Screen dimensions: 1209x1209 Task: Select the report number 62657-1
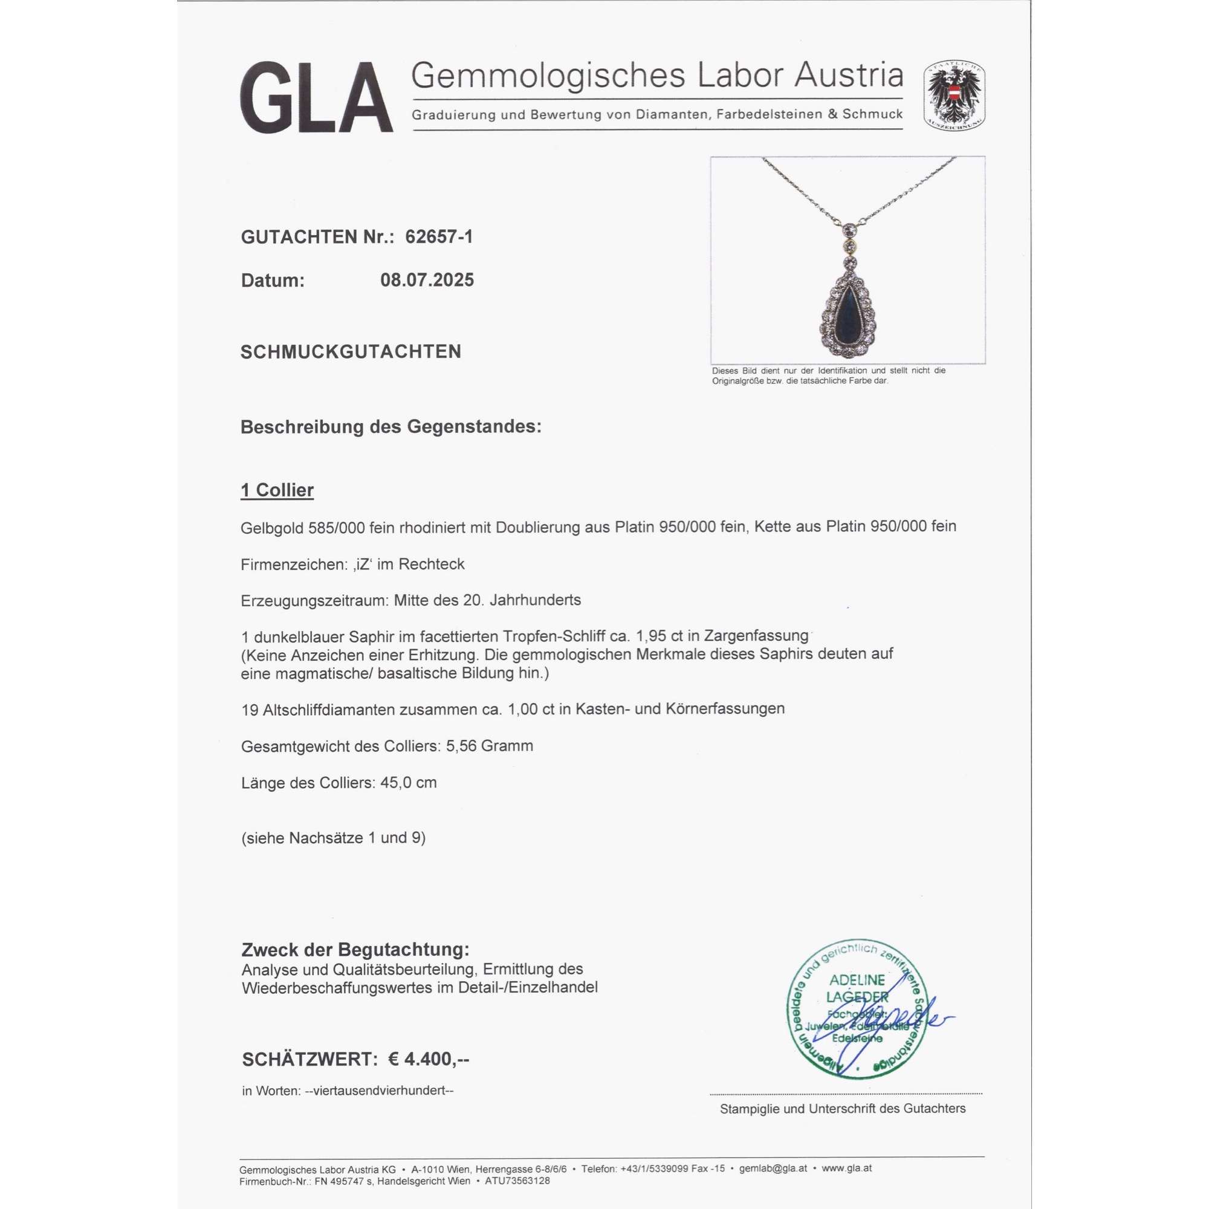coord(439,236)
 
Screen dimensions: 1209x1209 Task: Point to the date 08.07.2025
coord(427,280)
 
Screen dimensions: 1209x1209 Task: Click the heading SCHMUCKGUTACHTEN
coord(351,352)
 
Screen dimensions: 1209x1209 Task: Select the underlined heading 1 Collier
coord(277,490)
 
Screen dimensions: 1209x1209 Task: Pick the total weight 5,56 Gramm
coord(490,746)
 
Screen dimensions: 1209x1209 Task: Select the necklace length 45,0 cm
coord(408,783)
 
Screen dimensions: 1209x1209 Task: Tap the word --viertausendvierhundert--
coord(378,1091)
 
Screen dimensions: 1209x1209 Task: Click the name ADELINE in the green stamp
coord(857,980)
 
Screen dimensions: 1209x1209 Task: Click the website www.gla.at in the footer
coord(847,1168)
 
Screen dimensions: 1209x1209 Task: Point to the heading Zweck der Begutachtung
coord(355,949)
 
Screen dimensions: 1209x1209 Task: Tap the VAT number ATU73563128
coord(517,1181)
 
